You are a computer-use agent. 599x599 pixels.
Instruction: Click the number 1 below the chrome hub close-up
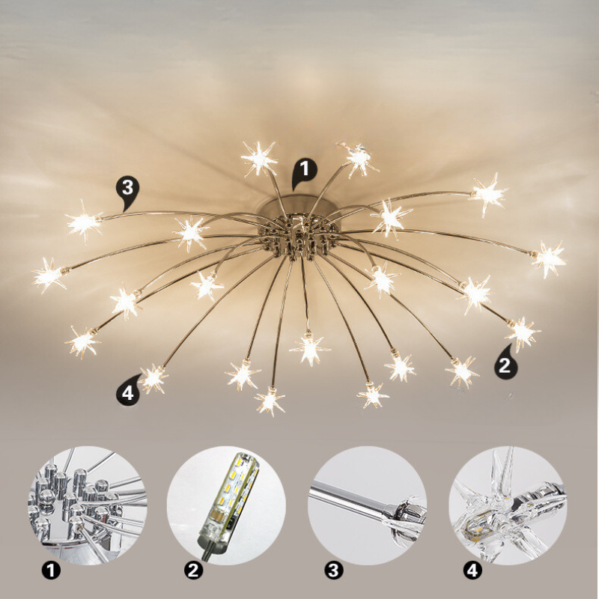(x=50, y=571)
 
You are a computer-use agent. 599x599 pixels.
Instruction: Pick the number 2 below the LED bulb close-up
(x=194, y=571)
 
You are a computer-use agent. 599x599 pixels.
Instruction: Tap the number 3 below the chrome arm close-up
(x=333, y=571)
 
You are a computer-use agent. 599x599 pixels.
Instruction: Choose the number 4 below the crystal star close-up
(x=472, y=571)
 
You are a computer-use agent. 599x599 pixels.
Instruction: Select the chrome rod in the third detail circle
(x=352, y=500)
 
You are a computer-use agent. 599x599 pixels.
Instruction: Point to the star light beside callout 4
(x=153, y=378)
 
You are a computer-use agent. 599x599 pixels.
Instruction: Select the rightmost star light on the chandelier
(x=549, y=258)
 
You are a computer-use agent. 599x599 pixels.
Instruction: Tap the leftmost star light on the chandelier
(x=49, y=276)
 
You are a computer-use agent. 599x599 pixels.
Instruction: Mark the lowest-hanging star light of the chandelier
(x=270, y=400)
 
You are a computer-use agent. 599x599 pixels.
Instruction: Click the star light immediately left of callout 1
(x=260, y=158)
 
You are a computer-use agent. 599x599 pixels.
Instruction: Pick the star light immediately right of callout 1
(x=359, y=157)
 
